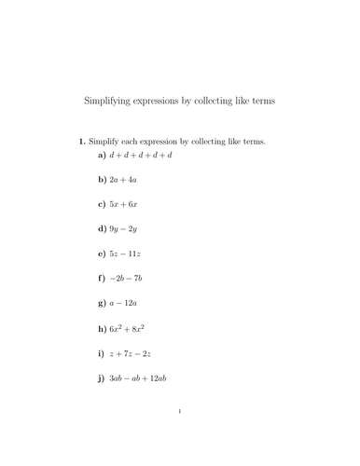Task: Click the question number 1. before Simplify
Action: click(82, 142)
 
